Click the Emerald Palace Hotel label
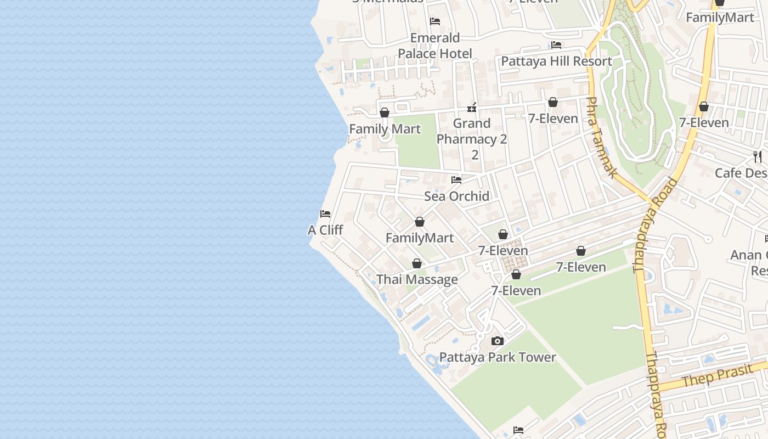coord(435,46)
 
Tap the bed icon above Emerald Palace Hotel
coord(435,21)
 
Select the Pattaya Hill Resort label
coord(556,61)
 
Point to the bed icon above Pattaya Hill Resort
coord(556,44)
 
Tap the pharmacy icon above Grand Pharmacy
coord(472,107)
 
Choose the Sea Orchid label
coord(456,196)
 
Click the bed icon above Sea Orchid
coord(456,179)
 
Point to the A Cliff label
coord(325,230)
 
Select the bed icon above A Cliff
coord(325,213)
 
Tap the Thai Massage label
coord(417,279)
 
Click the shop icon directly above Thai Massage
coord(417,263)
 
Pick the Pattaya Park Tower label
coord(498,357)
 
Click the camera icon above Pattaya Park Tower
coord(498,341)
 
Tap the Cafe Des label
coord(741,173)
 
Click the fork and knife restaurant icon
coord(758,156)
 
